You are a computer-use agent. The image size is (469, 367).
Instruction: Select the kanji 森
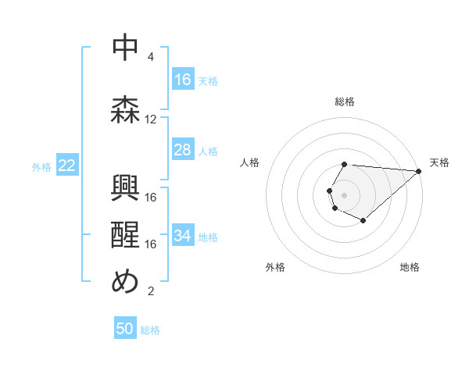(x=125, y=109)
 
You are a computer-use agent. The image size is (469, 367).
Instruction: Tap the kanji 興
(x=125, y=187)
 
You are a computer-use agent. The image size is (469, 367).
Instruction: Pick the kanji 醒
(x=125, y=233)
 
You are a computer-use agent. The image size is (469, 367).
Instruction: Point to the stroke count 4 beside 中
(x=151, y=57)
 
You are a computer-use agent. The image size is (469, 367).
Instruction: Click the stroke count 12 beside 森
(x=151, y=119)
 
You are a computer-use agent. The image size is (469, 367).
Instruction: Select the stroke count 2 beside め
(x=151, y=292)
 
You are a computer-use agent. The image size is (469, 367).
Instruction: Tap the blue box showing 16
(x=183, y=80)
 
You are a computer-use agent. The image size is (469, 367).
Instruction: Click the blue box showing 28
(x=183, y=150)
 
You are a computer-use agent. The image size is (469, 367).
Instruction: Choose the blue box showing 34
(x=183, y=236)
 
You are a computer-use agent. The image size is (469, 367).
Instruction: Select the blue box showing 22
(x=67, y=165)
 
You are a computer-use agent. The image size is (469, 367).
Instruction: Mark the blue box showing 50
(x=125, y=329)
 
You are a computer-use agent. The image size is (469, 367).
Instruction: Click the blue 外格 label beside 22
(x=41, y=166)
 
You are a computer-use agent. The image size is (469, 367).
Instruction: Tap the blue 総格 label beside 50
(x=150, y=330)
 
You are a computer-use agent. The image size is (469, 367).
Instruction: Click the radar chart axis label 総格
(x=345, y=102)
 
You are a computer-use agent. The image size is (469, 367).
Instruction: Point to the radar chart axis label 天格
(x=439, y=162)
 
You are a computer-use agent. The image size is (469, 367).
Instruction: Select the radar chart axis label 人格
(x=250, y=162)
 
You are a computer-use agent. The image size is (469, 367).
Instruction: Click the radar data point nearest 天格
(x=419, y=170)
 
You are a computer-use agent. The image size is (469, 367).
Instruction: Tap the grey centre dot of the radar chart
(x=344, y=194)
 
